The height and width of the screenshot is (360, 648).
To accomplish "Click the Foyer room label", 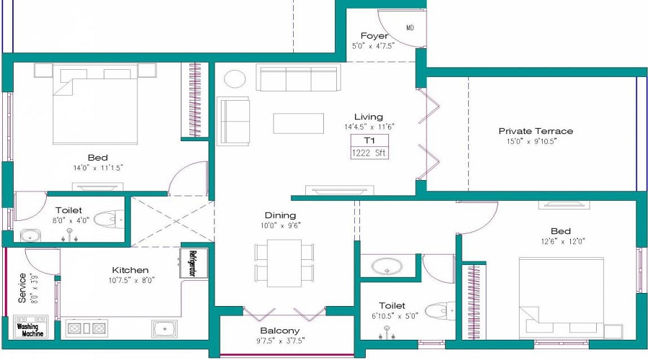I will (374, 36).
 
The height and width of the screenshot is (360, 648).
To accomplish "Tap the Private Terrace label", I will (536, 131).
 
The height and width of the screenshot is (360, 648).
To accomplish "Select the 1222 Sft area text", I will (369, 153).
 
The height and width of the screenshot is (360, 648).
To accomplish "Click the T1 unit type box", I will (369, 140).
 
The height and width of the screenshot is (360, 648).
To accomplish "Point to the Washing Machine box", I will (30, 329).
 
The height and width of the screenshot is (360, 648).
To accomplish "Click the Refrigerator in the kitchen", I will (193, 263).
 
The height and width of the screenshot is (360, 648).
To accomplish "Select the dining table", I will (285, 262).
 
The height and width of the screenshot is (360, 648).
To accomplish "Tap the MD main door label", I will (410, 28).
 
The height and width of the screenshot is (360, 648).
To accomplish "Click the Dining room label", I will (280, 215).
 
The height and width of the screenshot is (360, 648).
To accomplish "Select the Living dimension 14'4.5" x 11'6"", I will (369, 127).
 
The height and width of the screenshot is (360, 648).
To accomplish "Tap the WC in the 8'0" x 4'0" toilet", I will (108, 218).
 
